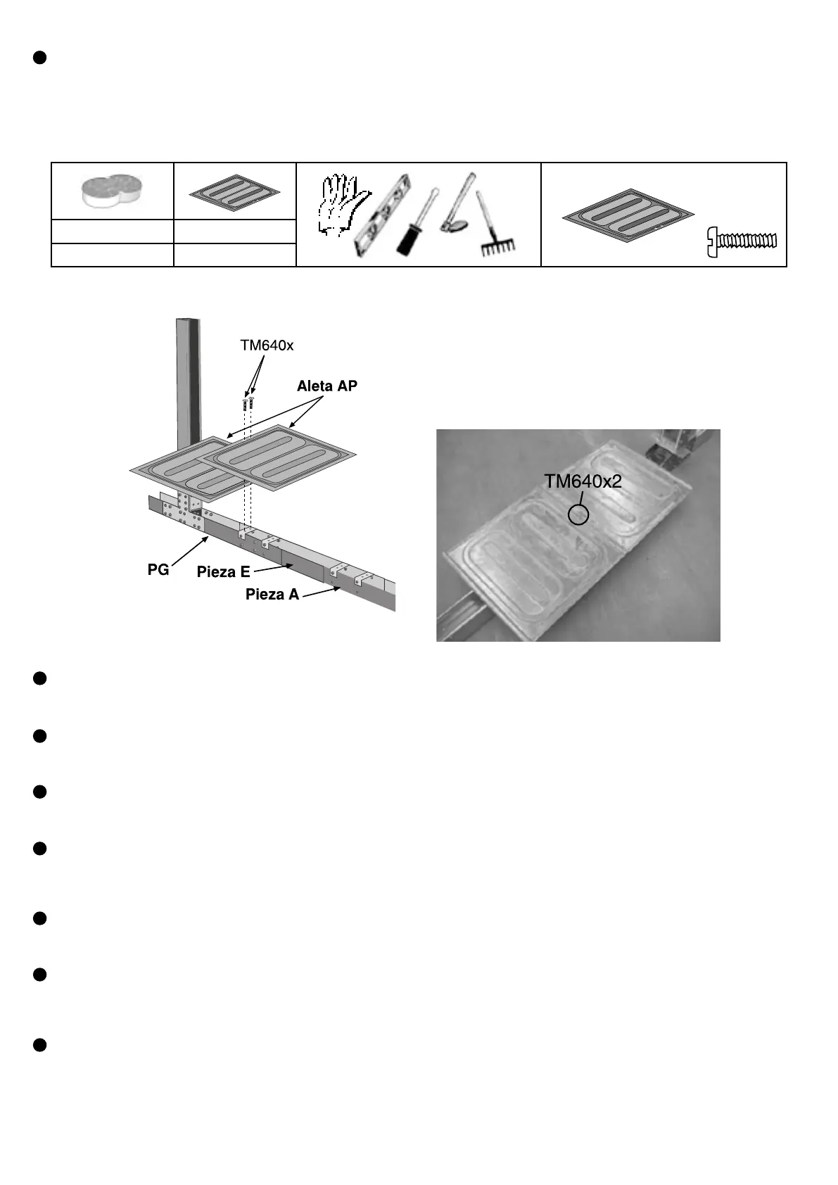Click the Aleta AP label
326,386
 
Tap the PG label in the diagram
158,570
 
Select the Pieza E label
223,572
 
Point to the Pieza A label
272,595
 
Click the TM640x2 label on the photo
583,481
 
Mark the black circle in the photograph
578,514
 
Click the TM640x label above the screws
267,346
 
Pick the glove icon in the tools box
340,203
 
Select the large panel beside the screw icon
628,217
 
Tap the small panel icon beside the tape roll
234,191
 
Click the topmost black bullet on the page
40,58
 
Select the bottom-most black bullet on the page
40,1044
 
